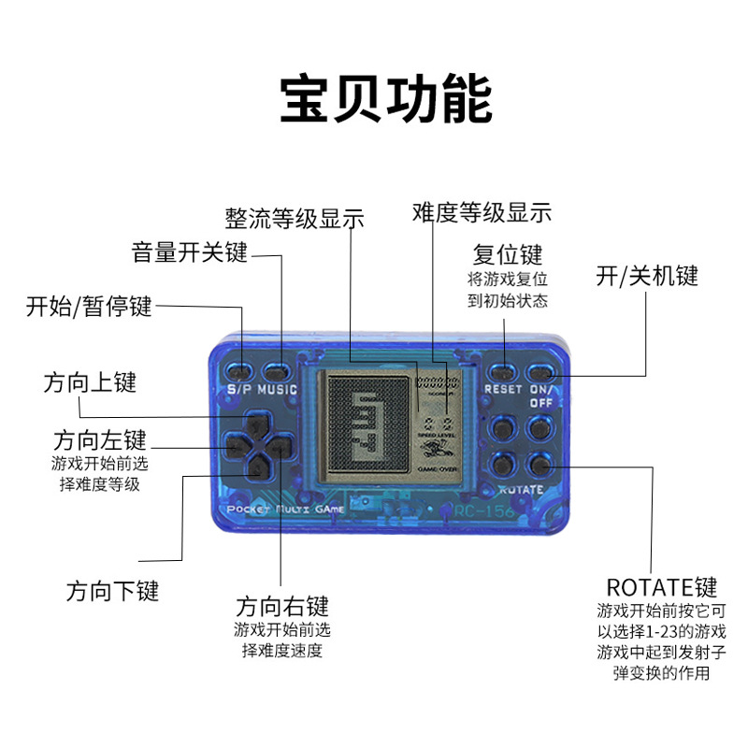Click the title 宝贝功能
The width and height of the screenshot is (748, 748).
(385, 100)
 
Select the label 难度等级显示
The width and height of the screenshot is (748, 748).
(482, 212)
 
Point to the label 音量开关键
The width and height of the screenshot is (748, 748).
(189, 252)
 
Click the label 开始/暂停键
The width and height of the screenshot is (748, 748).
(89, 306)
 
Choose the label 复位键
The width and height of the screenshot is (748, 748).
(508, 254)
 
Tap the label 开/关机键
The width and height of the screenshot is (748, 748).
(647, 276)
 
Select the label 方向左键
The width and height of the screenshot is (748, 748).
(100, 439)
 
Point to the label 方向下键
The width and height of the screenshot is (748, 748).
(112, 591)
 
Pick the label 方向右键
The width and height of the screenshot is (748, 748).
(282, 606)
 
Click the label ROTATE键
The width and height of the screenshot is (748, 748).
(661, 587)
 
